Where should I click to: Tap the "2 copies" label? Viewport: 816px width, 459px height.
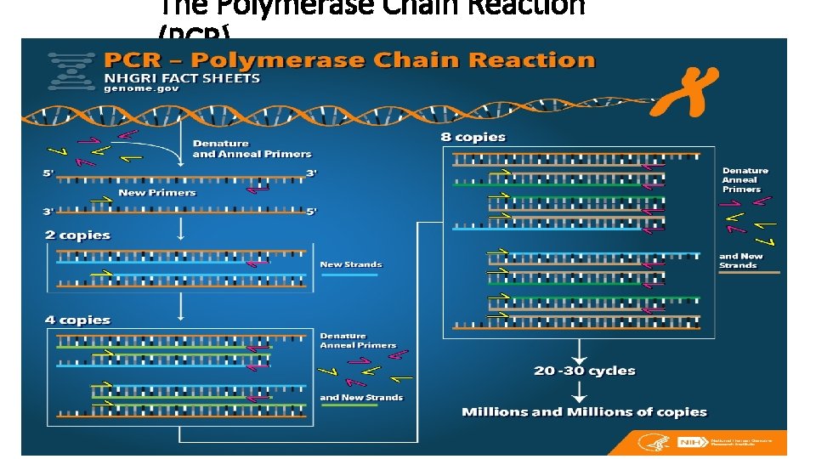(x=77, y=235)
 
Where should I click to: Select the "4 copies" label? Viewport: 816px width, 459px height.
(x=77, y=320)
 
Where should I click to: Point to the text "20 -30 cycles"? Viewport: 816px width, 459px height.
(x=585, y=371)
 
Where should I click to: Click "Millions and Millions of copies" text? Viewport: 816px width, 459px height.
(x=584, y=412)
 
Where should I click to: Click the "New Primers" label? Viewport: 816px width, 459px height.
(x=157, y=193)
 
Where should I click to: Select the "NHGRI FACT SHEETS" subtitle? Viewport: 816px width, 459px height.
(x=182, y=77)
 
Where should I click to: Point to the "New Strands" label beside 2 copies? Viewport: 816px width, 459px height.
(x=351, y=264)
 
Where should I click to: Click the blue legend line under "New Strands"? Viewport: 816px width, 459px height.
(x=349, y=275)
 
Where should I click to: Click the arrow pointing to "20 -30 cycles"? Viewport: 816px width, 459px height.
(x=579, y=350)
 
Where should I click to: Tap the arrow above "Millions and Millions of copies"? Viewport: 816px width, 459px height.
(x=579, y=392)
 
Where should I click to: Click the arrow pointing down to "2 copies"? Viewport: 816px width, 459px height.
(x=180, y=227)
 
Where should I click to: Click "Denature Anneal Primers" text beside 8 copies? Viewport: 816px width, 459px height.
(x=745, y=180)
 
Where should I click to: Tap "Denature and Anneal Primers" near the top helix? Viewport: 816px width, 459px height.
(x=252, y=149)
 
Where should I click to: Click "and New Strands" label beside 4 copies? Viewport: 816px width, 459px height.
(x=361, y=397)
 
